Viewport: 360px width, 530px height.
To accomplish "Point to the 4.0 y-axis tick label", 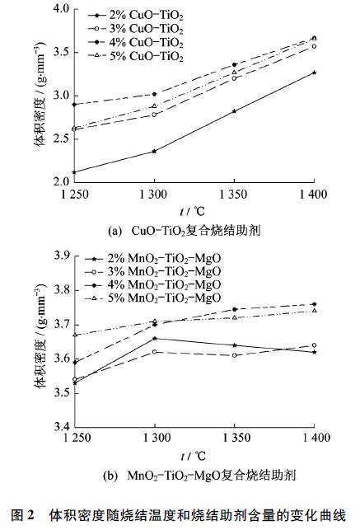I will (63, 10).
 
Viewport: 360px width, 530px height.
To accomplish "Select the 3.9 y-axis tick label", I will (63, 257).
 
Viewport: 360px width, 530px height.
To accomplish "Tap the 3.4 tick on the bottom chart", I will (63, 427).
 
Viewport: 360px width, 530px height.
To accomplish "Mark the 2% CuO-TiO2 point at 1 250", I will (75, 172).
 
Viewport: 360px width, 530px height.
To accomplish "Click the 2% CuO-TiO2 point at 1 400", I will (314, 73).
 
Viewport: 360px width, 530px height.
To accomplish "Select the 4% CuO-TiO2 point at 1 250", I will (75, 105).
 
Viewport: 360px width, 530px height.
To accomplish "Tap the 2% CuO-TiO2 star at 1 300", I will (154, 151).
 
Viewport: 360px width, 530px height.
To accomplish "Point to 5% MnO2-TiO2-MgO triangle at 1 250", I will (75, 335).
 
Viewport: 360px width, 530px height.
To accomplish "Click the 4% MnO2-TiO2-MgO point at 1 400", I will (314, 305).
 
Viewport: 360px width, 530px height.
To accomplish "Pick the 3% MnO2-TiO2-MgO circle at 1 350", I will (234, 355).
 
